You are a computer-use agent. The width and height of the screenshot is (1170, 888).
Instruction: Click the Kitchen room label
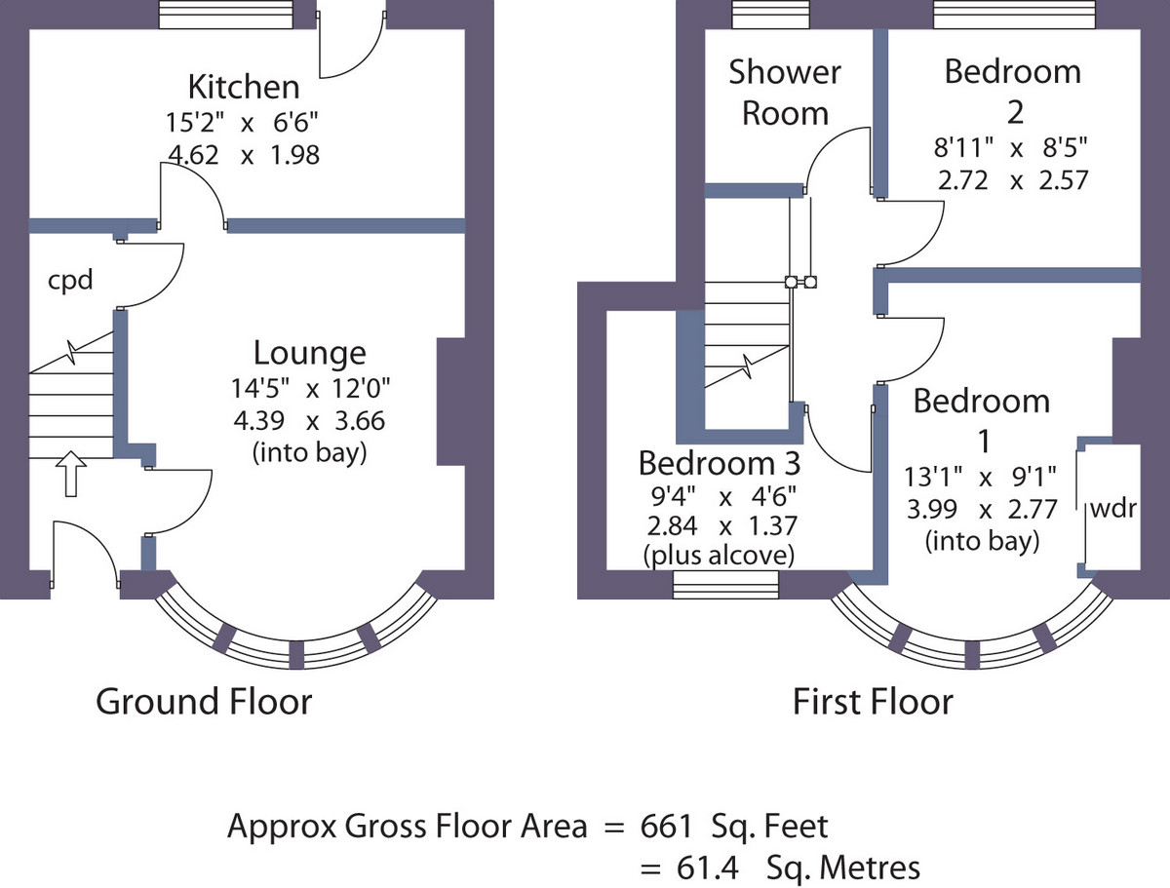(x=244, y=87)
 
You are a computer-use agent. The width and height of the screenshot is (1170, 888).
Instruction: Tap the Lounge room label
(x=310, y=353)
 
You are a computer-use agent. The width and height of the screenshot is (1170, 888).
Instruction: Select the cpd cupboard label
(x=70, y=281)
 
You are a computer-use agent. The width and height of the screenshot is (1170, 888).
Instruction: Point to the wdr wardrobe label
(x=1113, y=508)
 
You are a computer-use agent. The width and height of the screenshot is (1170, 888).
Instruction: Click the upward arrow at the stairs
(x=71, y=474)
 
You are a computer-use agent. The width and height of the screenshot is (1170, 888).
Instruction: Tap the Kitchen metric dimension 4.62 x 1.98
(x=244, y=155)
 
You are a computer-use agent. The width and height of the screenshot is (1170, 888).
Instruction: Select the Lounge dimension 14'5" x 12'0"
(x=310, y=388)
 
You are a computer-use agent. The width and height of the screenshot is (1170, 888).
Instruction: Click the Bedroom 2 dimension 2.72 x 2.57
(x=1013, y=180)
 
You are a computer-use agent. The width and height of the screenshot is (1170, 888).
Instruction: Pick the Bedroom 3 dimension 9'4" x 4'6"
(x=723, y=497)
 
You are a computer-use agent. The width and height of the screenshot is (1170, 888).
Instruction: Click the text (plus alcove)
(x=719, y=555)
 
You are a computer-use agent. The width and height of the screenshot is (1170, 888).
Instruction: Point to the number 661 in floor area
(x=666, y=827)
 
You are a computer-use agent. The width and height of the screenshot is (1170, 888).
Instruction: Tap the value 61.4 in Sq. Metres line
(x=707, y=868)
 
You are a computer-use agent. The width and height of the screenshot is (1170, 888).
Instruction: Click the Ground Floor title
(x=204, y=702)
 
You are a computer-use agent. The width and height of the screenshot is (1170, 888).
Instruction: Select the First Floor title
(x=873, y=702)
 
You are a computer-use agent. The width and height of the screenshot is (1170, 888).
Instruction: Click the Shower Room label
(x=785, y=93)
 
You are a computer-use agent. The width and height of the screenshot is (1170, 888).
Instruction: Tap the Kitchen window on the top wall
(x=226, y=15)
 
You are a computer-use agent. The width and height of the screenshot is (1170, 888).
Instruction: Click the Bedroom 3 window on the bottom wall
(x=725, y=585)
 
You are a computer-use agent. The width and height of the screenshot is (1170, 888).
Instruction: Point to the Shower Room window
(x=771, y=15)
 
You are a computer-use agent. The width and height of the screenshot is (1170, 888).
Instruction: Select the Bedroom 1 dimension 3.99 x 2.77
(x=982, y=509)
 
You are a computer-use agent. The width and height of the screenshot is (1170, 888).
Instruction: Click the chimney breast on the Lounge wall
(x=451, y=402)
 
